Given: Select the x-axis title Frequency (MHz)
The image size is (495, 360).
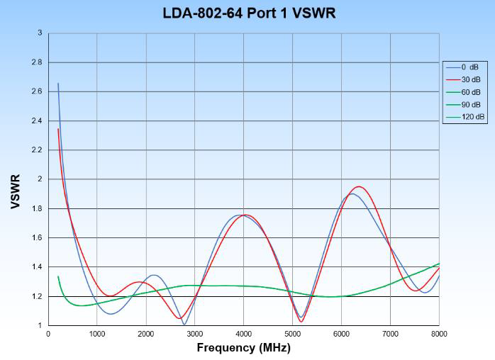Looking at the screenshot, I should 243,347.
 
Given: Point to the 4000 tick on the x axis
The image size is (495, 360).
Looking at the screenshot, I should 243,333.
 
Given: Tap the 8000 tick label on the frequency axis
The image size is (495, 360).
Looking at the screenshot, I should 439,333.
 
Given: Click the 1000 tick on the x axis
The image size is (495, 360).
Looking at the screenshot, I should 97,333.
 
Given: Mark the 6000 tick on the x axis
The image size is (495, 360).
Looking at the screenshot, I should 341,333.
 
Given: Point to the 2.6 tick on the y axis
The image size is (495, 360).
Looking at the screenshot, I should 37,91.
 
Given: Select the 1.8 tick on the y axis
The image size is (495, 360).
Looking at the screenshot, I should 37,208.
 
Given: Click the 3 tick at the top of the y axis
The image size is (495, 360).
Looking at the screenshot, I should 40,33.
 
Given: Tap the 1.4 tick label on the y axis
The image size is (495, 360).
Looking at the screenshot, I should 37,267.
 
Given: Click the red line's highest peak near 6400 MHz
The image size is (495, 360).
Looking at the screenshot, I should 360,186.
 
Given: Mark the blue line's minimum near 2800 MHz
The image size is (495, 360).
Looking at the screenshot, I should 184,324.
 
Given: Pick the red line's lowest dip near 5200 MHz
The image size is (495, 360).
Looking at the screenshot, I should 301,322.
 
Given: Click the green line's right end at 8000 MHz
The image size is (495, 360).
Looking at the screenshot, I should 439,264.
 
